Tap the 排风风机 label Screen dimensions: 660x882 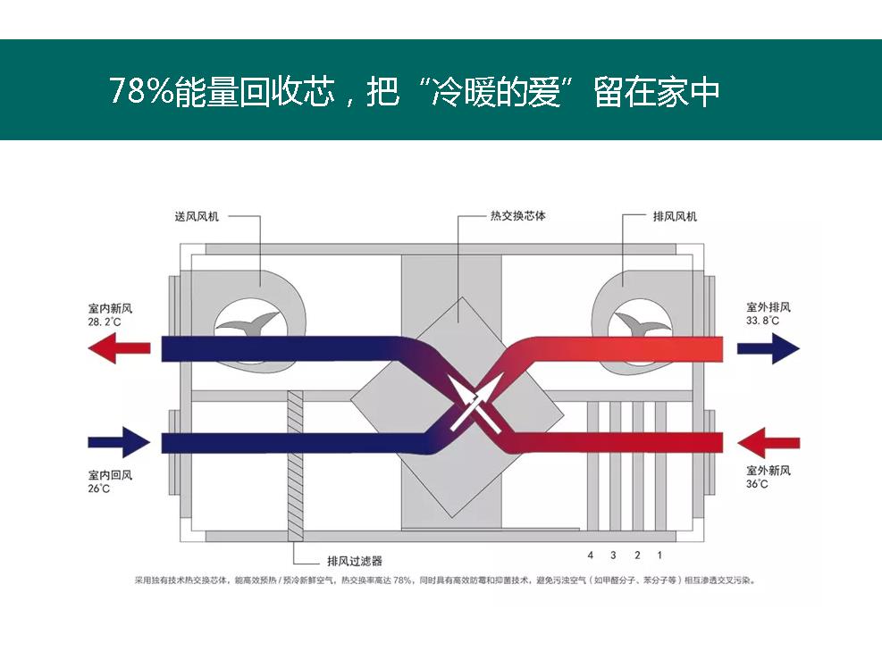click(x=675, y=216)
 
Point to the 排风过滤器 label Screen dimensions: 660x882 click(x=354, y=562)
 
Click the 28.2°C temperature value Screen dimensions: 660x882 click(x=105, y=321)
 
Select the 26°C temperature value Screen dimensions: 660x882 click(x=98, y=489)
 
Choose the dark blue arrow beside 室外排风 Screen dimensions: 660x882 click(x=768, y=347)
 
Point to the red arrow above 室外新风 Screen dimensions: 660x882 click(x=769, y=442)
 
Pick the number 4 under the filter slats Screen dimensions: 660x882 click(x=591, y=556)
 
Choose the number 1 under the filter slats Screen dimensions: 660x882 click(x=659, y=556)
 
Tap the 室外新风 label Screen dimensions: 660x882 click(x=769, y=471)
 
